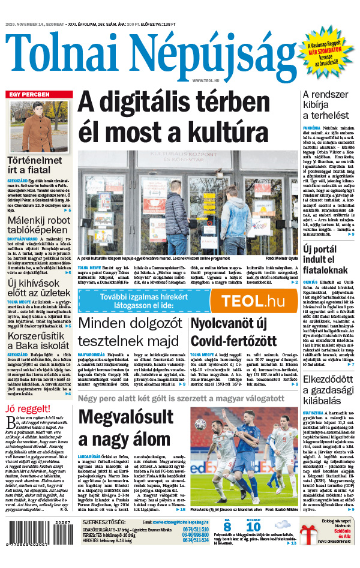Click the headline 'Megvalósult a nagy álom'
(123, 431)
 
